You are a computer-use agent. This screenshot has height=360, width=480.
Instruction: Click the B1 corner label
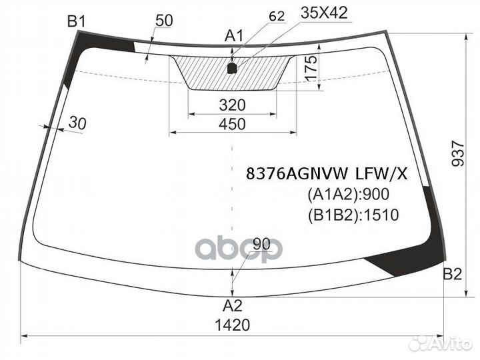point(77,21)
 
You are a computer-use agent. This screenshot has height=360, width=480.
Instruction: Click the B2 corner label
point(453,274)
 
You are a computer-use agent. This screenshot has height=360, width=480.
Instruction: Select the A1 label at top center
point(233,35)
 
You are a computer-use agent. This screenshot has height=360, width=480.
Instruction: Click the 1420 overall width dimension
point(233,325)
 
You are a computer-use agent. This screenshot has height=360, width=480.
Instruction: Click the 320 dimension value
point(232,105)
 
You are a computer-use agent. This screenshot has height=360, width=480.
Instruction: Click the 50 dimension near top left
point(163,21)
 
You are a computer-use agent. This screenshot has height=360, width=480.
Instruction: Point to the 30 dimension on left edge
point(78,123)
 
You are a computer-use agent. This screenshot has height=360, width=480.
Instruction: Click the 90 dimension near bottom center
point(262,244)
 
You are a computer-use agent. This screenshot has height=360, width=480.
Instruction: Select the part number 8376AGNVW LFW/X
point(326,174)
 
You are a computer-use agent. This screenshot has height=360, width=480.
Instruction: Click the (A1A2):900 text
point(347,195)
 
